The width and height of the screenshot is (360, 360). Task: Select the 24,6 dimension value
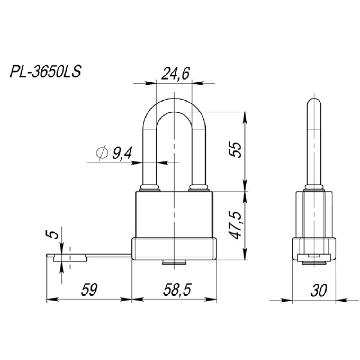[x=175, y=74]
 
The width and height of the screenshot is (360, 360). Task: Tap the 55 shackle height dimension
[x=236, y=150]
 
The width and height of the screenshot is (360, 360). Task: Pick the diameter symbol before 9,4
[x=102, y=153]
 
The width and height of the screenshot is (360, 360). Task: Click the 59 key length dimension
[x=89, y=289]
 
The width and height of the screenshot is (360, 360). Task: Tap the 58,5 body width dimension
[x=177, y=289]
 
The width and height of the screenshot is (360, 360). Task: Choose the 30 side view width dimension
[x=319, y=290]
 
